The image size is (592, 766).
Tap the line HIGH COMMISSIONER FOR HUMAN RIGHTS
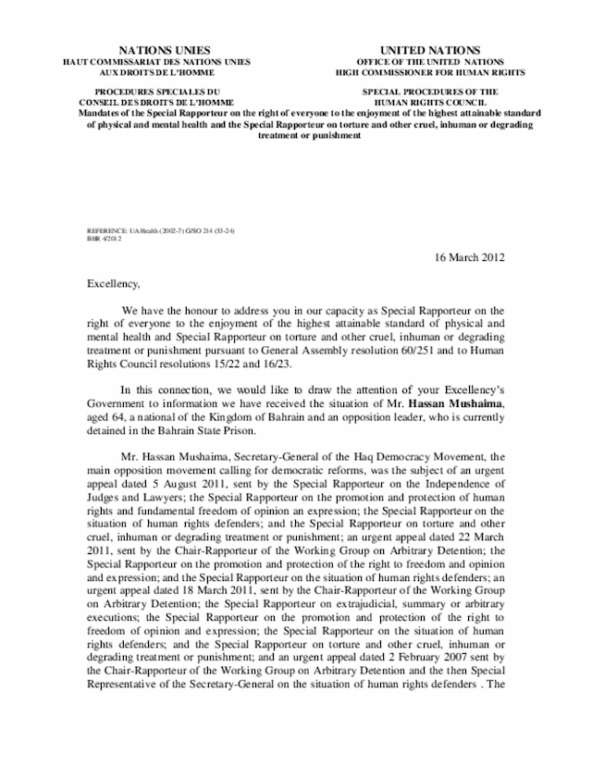pos(431,71)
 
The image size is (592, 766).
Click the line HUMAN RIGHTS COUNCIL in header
pos(431,103)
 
